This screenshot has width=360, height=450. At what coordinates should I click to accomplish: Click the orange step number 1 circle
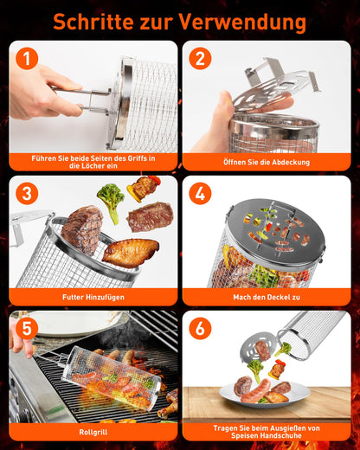tap(27, 59)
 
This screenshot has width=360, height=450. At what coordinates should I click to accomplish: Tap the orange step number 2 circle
tap(200, 59)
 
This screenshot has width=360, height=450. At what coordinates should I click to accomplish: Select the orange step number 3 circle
tap(27, 194)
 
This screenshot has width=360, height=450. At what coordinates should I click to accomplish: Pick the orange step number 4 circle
tap(200, 194)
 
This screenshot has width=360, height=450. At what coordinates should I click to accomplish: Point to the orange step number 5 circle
tap(27, 329)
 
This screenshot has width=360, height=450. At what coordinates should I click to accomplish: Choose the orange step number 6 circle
tap(200, 329)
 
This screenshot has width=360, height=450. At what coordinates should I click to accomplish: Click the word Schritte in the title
tap(93, 22)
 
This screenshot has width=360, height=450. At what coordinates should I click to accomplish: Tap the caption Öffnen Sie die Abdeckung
tap(267, 162)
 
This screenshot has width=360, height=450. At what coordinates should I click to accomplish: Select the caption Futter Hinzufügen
tap(93, 297)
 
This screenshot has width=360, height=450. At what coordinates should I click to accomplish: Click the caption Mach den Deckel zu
tap(267, 297)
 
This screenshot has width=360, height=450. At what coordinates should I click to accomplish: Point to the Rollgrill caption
tap(93, 432)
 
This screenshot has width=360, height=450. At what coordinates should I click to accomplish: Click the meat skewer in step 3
tap(144, 188)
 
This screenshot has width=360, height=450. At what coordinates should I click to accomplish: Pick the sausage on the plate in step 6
tap(256, 391)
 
